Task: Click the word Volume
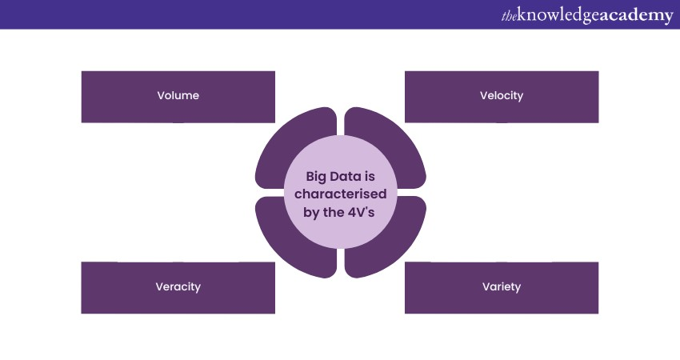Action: pos(178,96)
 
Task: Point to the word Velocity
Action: pos(502,96)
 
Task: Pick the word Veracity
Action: pos(178,287)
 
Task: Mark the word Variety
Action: pos(502,287)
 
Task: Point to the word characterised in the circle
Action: pos(341,194)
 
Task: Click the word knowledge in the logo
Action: pos(558,15)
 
